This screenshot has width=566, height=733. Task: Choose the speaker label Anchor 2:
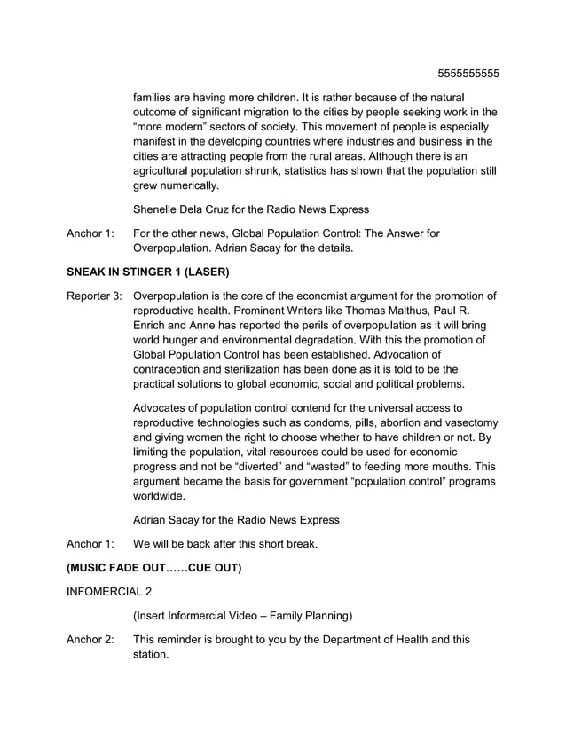pyautogui.click(x=90, y=639)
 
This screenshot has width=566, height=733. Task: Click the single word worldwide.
pyautogui.click(x=161, y=496)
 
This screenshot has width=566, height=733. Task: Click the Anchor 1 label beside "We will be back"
pyautogui.click(x=90, y=543)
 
